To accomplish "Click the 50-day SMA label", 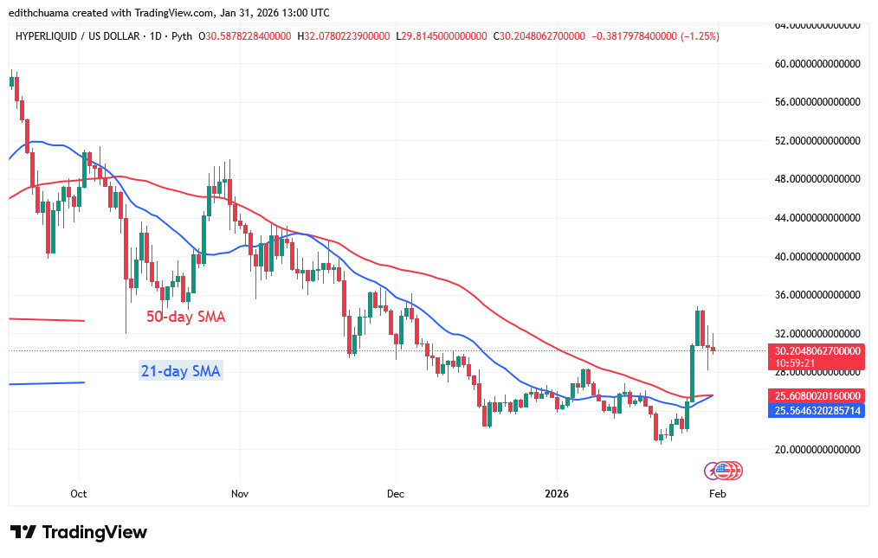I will (185, 317).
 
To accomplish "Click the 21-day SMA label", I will (181, 372).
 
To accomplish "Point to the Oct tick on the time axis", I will (79, 494).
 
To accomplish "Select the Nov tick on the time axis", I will (240, 494).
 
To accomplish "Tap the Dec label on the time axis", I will (395, 494).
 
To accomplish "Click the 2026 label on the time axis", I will (556, 494).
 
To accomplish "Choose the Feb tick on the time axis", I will (717, 494).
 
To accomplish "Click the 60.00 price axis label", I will (817, 63).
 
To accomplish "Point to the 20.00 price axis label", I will (817, 449).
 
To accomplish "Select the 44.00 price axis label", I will (817, 218).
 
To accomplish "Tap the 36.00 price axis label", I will (817, 295).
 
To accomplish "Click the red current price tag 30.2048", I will (817, 351).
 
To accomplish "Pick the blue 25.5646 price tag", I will (817, 410).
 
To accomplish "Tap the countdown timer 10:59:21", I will (795, 363).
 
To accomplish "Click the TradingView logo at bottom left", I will (79, 532).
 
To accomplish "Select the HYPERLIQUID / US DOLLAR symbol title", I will (76, 36).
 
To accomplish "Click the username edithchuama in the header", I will (46, 13).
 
